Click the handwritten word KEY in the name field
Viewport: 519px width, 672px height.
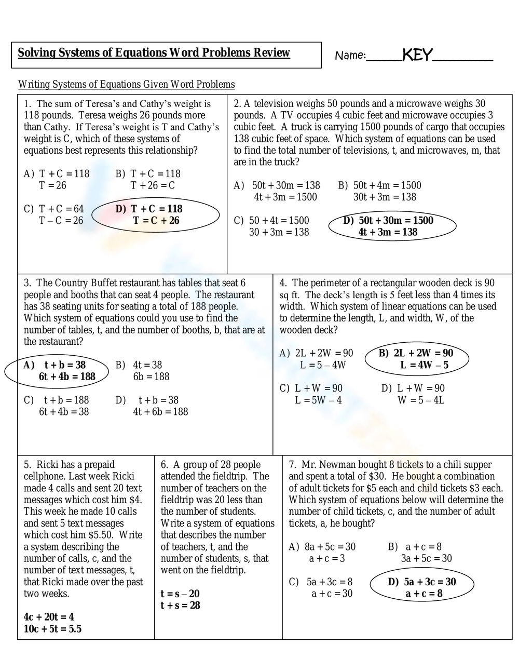point(417,55)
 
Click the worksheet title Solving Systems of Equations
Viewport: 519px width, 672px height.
point(154,52)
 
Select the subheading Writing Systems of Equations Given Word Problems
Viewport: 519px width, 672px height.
point(126,84)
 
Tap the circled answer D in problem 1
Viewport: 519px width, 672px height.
point(155,215)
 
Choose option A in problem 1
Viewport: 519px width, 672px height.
point(57,180)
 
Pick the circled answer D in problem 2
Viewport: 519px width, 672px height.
point(392,226)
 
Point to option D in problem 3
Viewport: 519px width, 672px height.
point(152,406)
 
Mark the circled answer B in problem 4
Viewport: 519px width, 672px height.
point(416,359)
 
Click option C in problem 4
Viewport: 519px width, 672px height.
point(311,394)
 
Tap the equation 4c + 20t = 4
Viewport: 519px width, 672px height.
point(49,617)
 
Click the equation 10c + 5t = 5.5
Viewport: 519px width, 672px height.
point(52,629)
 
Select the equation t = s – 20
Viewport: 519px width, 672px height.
point(180,594)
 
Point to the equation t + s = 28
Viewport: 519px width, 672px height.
point(180,606)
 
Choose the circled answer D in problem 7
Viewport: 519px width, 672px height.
point(422,587)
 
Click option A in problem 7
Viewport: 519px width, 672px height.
point(322,553)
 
